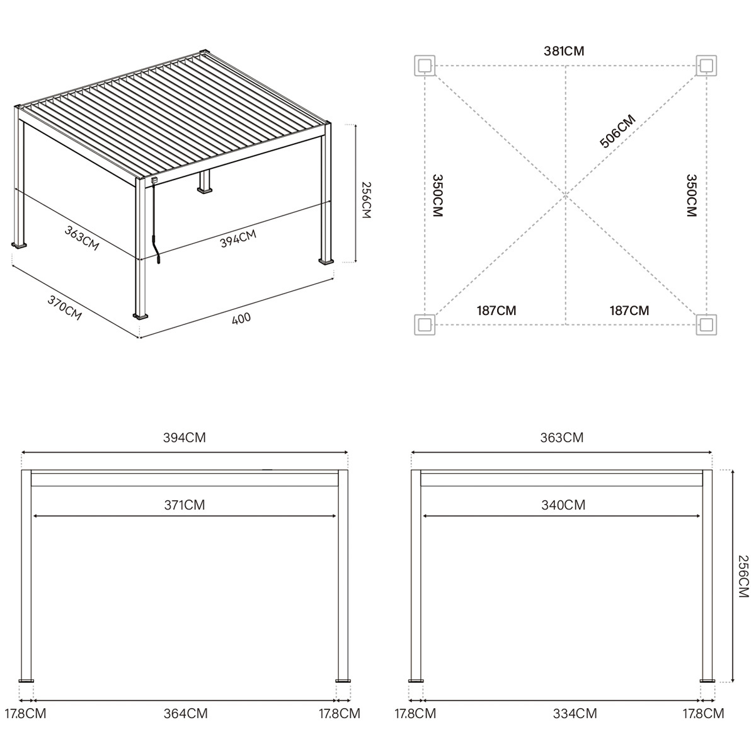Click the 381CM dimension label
tap(564, 51)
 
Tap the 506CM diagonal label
tap(617, 131)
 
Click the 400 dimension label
tap(241, 318)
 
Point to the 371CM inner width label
tap(185, 505)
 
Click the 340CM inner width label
tap(563, 505)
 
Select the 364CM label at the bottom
tap(185, 714)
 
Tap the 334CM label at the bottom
tap(575, 714)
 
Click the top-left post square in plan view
tap(425, 65)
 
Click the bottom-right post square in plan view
tap(706, 324)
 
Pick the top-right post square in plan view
tap(706, 65)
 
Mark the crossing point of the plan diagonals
tap(565, 195)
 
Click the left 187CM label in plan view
tap(496, 310)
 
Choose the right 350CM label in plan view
tap(691, 195)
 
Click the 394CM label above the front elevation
tap(185, 437)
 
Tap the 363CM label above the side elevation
tap(563, 437)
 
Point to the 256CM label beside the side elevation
tap(743, 576)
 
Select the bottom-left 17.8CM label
tap(25, 714)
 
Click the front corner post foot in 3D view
tap(140, 314)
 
